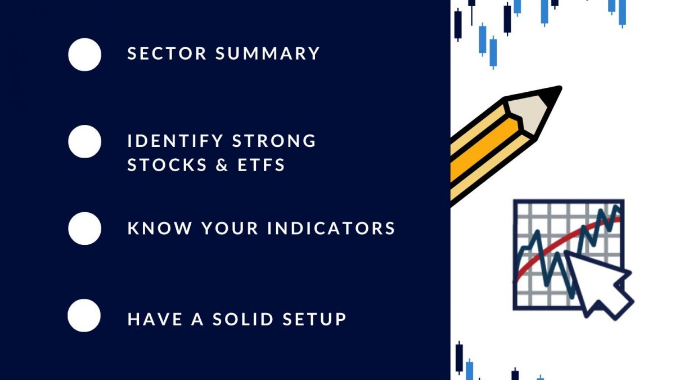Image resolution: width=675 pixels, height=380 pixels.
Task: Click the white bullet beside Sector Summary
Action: click(85, 55)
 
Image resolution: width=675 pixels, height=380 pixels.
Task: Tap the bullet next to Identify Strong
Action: click(85, 141)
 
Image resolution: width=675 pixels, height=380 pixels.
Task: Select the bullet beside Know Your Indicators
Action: click(85, 229)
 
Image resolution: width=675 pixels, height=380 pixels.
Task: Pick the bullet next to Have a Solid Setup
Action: click(84, 315)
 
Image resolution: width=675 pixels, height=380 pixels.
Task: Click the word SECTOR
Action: click(167, 53)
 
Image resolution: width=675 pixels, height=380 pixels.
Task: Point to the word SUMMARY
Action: click(268, 53)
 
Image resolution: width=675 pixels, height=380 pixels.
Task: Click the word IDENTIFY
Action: click(175, 141)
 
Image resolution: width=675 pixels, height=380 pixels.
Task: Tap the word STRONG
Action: click(274, 141)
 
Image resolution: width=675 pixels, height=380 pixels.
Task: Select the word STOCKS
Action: click(167, 164)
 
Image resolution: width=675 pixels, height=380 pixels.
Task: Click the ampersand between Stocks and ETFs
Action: click(222, 164)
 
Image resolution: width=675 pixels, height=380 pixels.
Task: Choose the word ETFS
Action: click(261, 164)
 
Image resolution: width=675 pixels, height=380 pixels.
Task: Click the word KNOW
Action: click(160, 228)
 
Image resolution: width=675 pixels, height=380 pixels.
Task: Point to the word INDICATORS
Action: click(331, 228)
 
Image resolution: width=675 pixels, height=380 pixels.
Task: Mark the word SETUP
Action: click(314, 319)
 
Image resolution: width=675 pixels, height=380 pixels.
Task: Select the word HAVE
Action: click(155, 319)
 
